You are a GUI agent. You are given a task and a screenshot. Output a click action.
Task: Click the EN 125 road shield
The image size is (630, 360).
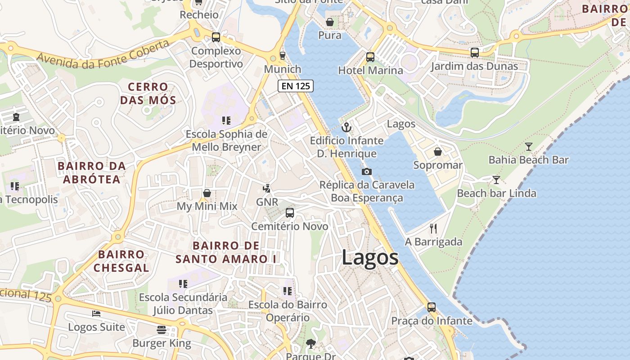tap(295, 86)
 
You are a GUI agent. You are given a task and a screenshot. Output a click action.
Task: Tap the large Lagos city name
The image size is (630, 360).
tap(370, 258)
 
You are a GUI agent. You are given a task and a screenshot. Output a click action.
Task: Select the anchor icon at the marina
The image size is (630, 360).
tap(346, 127)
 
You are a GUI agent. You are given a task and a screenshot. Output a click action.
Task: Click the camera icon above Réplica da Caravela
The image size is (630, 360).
tap(367, 171)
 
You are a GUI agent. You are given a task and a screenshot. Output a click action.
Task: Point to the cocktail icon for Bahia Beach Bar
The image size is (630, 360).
tap(529, 146)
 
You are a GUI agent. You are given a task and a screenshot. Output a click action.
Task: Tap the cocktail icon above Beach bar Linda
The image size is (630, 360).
tap(496, 180)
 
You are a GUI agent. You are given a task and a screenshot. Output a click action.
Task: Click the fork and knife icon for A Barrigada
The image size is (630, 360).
tap(433, 229)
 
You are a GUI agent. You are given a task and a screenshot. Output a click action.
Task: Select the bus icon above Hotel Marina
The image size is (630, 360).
tap(370, 57)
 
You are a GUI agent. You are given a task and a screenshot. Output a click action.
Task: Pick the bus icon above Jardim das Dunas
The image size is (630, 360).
tap(474, 53)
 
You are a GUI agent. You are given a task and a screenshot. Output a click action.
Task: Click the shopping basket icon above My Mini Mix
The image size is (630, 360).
tap(207, 193)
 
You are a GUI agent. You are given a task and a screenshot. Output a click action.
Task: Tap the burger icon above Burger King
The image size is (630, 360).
tap(162, 330)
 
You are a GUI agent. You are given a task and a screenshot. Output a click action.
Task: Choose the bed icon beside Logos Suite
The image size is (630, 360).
tap(96, 313)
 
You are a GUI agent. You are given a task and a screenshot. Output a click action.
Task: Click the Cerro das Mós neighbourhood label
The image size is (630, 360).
tap(148, 93)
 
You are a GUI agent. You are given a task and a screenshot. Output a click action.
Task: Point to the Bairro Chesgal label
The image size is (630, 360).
tap(121, 261)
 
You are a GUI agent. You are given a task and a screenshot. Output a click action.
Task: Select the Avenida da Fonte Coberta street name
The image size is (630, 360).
tap(103, 54)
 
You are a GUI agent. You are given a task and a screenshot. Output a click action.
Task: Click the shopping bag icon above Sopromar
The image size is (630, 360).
tap(437, 152)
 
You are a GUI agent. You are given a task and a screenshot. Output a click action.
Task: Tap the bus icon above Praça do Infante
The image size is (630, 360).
tap(432, 307)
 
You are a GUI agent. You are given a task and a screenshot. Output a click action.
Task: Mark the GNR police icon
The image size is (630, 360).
tap(267, 188)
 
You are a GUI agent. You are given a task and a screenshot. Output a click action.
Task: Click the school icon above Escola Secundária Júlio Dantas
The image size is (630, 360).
tap(183, 284)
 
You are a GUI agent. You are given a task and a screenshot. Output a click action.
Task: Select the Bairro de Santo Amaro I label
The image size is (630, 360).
tap(226, 252)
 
